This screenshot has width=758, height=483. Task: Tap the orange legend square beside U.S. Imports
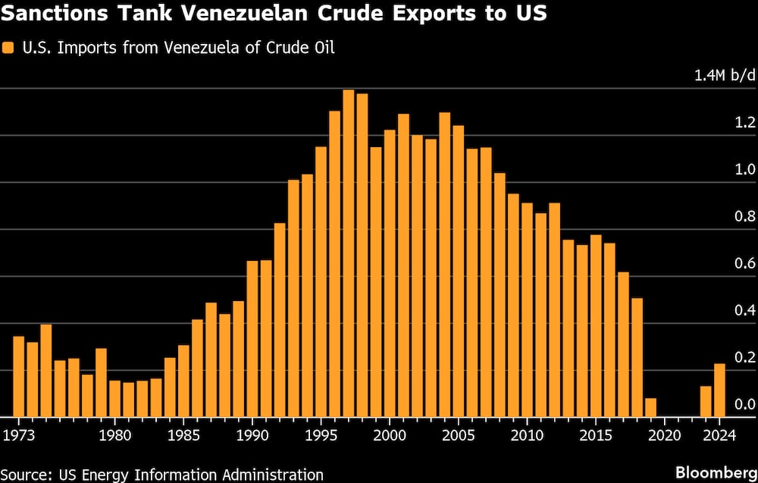[x=8, y=48]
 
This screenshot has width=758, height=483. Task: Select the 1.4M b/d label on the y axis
[x=723, y=75]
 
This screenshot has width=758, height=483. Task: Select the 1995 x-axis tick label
[x=321, y=435]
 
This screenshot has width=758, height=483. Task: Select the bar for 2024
[x=719, y=390]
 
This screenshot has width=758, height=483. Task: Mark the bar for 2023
[x=706, y=402]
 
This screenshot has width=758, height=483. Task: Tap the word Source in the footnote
[x=27, y=475]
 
